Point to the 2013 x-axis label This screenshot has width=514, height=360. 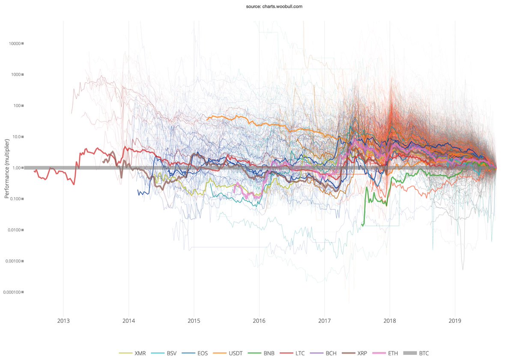(x=63, y=321)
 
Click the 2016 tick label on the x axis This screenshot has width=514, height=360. (x=259, y=321)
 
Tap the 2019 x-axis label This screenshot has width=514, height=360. (x=455, y=321)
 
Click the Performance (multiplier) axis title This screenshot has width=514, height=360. (x=6, y=167)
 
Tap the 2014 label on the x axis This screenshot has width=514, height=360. (x=128, y=321)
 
